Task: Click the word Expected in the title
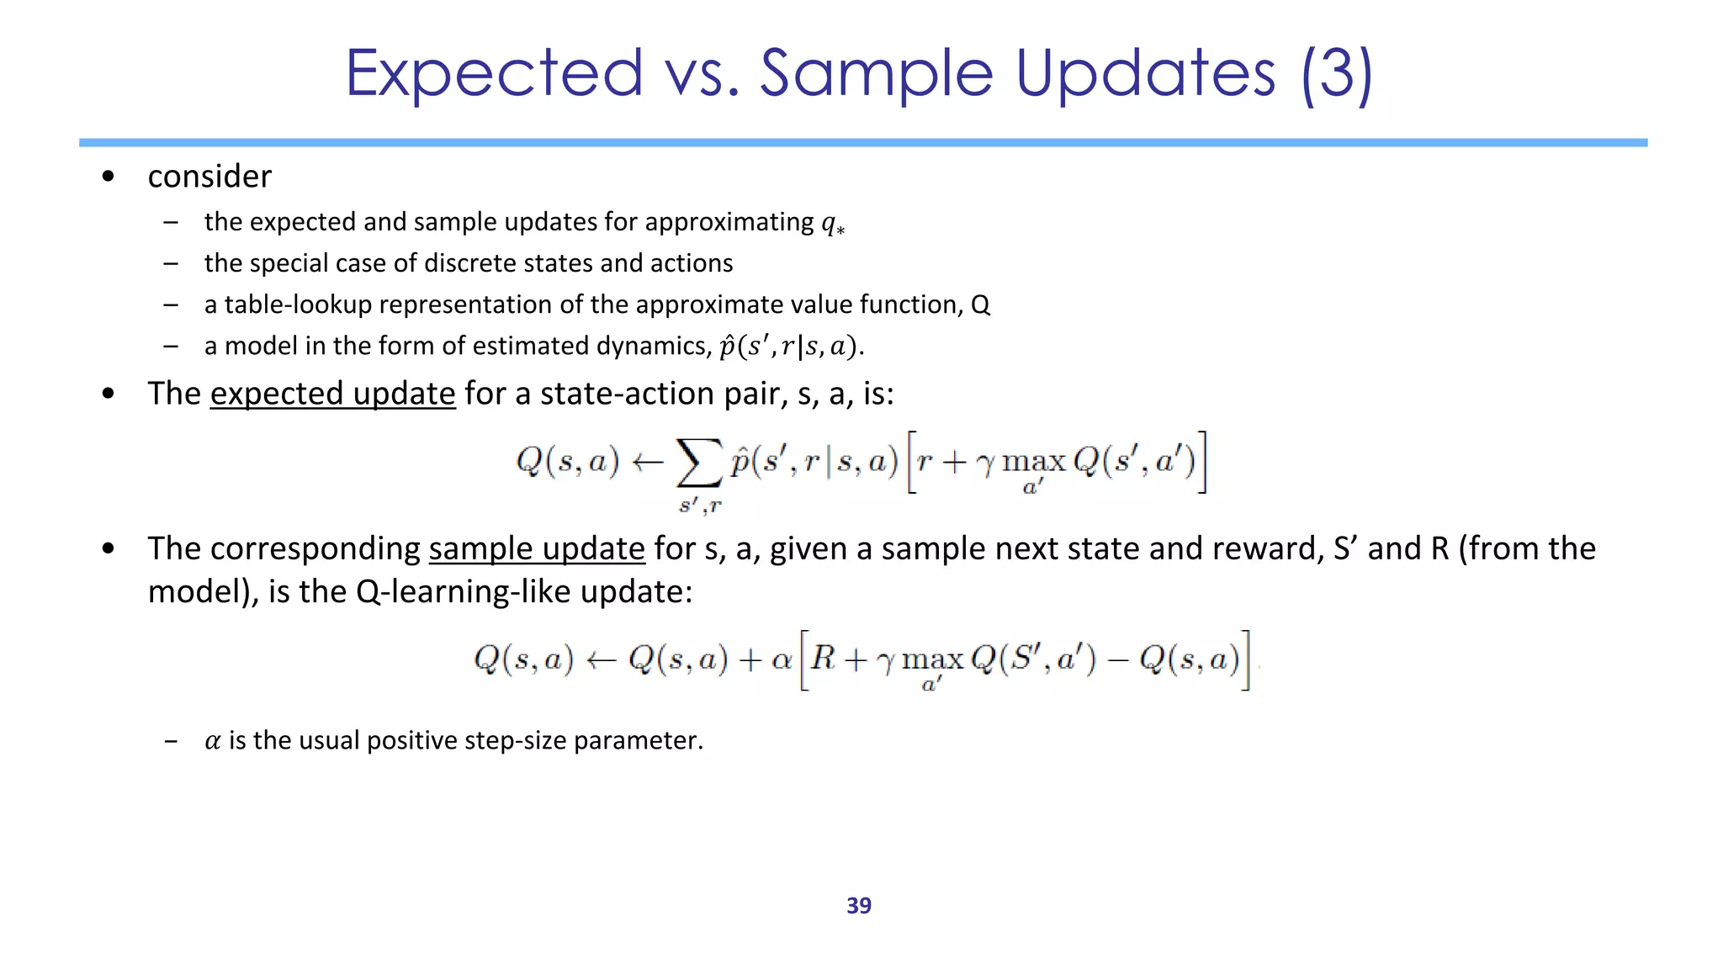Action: point(494,74)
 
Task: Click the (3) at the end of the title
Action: point(1336,74)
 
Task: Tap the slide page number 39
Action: point(858,906)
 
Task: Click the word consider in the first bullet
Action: point(209,177)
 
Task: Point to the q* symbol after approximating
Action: point(832,223)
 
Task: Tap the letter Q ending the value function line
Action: point(980,304)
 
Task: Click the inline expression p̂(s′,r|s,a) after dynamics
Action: point(789,346)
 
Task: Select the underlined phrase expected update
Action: point(332,394)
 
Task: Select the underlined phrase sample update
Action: point(536,548)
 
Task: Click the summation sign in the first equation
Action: point(699,463)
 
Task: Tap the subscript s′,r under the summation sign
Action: point(700,506)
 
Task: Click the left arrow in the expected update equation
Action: point(648,462)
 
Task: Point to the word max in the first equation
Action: point(1034,462)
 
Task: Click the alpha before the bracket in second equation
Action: point(782,659)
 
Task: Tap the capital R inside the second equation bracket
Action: point(823,658)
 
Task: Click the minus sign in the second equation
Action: point(1117,660)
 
